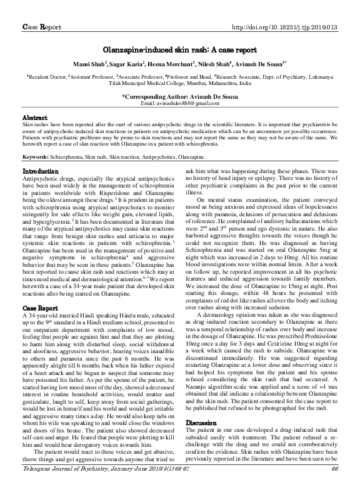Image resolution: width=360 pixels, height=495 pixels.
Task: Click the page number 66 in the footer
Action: (x=334, y=486)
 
